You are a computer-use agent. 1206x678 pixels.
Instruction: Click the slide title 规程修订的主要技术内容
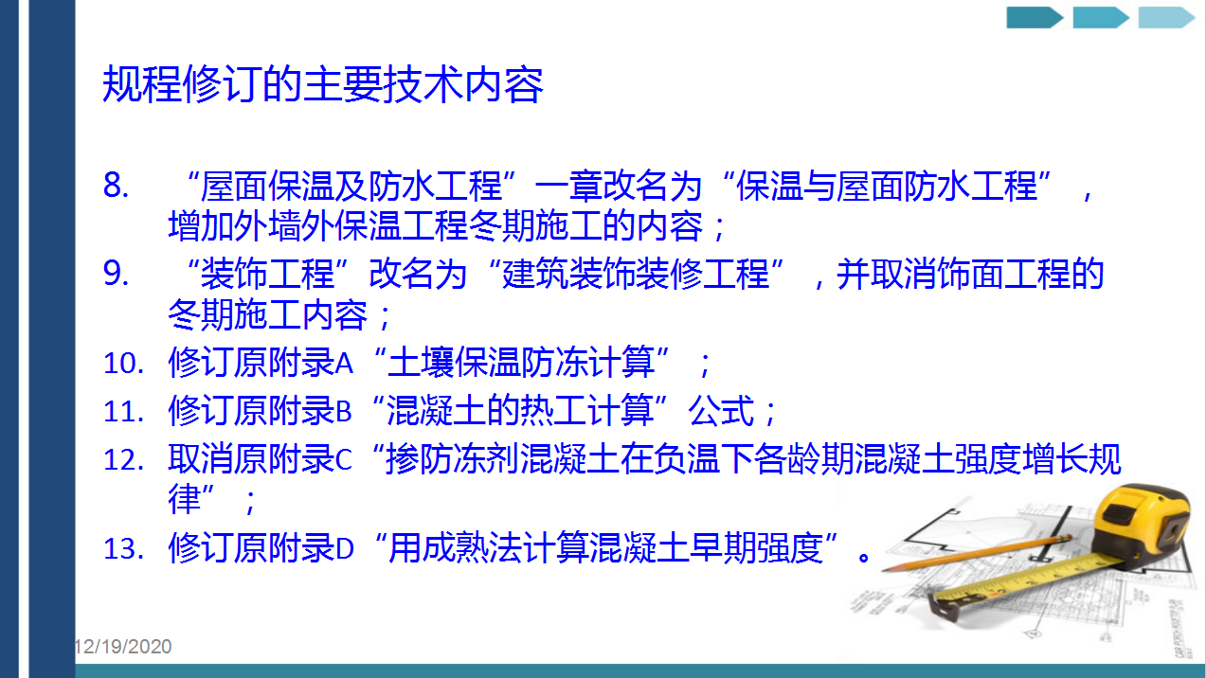[322, 84]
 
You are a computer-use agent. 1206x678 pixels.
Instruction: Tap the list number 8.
[116, 185]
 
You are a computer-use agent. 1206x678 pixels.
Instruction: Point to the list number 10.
[123, 364]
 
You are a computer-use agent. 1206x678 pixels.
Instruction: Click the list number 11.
[123, 412]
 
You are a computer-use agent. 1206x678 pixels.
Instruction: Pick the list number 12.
[123, 460]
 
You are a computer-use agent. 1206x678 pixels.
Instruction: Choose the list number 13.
[123, 548]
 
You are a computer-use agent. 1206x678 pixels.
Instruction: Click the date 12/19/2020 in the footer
[123, 646]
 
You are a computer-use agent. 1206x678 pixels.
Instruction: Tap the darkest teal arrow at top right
[1035, 17]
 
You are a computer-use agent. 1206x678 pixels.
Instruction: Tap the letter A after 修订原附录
[345, 364]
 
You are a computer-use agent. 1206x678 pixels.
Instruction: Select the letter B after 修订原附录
[344, 412]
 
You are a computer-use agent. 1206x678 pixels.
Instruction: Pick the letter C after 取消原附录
[344, 460]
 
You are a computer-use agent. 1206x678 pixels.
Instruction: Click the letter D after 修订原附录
[345, 548]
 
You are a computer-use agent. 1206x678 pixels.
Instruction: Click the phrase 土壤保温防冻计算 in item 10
[521, 362]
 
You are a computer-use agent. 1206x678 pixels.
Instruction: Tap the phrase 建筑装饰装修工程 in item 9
[636, 274]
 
